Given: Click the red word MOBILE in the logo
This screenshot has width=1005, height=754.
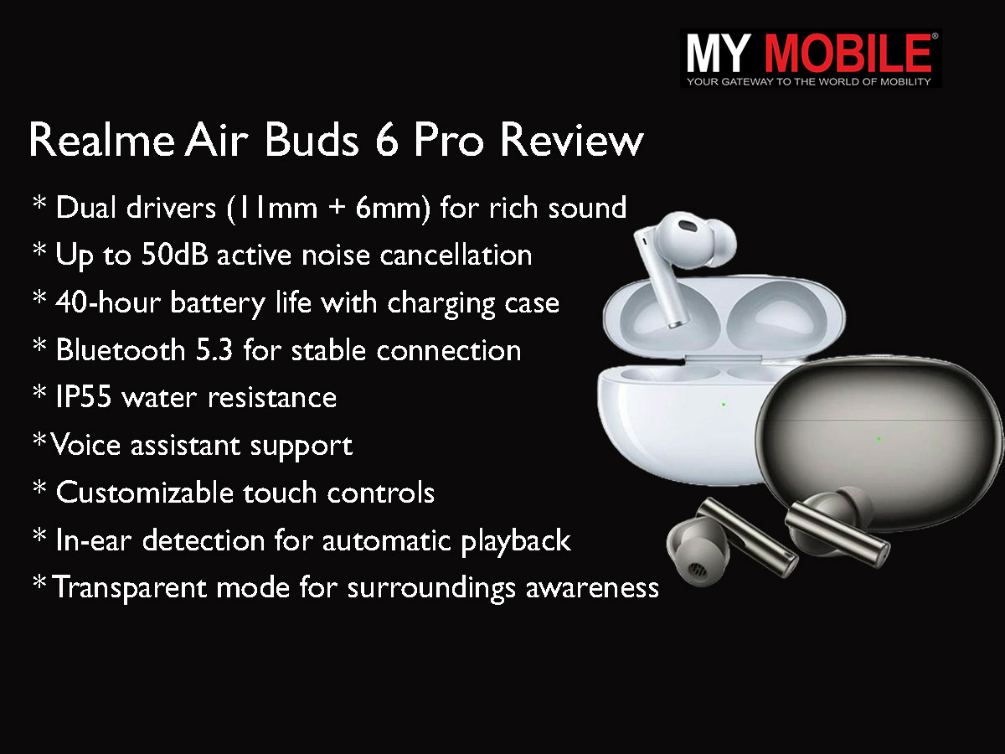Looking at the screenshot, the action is (848, 53).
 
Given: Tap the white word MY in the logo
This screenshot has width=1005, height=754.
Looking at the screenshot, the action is (718, 53).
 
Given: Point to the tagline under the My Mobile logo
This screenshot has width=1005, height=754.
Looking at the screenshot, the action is (808, 81).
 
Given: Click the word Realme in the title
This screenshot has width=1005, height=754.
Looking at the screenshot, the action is (101, 140).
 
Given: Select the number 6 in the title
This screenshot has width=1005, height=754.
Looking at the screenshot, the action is (388, 140).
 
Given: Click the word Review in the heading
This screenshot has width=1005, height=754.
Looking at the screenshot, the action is (572, 140).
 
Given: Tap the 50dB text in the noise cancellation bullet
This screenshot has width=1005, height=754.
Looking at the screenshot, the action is (174, 254).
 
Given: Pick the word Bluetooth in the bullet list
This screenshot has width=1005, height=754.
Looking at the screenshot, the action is (121, 350).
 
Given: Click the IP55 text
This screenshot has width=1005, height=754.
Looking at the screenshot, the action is (83, 396).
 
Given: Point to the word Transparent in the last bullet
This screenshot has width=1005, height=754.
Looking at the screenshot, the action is (130, 588).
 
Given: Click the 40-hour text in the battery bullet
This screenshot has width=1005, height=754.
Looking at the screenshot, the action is (108, 302).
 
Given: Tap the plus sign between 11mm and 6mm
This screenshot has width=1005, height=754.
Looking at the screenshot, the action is (337, 208).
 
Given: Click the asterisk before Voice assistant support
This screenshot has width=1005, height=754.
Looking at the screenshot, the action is (40, 440).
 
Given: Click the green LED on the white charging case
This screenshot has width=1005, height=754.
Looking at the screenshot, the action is (724, 405).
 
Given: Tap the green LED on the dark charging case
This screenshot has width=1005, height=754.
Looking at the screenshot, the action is (879, 439).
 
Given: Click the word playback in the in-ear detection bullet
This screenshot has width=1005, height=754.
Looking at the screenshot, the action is (516, 541).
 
